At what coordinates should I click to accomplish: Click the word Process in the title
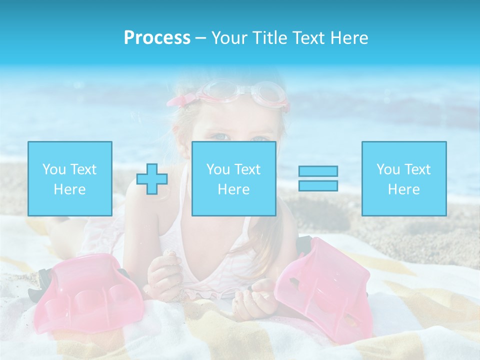[x=157, y=38]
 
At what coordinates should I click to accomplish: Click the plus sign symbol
[x=152, y=178]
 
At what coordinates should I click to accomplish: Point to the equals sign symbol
[x=318, y=178]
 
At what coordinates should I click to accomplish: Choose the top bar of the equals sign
[x=318, y=171]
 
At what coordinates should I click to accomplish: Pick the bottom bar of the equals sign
[x=318, y=185]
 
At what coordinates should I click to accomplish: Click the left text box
[x=69, y=178]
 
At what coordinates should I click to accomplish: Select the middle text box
[x=233, y=178]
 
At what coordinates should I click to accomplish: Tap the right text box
[x=403, y=178]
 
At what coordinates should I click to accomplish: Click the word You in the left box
[x=54, y=169]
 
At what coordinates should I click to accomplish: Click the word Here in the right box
[x=403, y=189]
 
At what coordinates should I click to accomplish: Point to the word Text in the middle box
[x=247, y=169]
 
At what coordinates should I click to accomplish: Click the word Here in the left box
[x=69, y=189]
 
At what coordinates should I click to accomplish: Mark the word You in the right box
[x=388, y=169]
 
